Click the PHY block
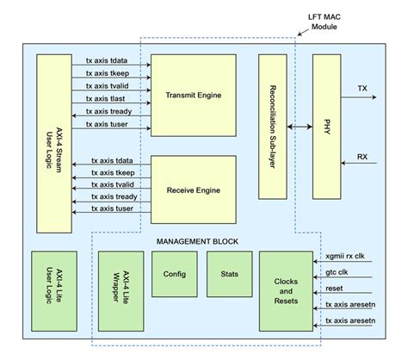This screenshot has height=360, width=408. click(326, 127)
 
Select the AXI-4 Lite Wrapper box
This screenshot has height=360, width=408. click(120, 291)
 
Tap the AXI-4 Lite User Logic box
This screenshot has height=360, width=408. click(53, 291)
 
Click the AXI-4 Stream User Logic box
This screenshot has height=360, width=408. click(53, 142)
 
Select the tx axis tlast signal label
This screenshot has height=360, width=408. click(107, 98)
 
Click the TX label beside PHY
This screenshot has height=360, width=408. click(362, 89)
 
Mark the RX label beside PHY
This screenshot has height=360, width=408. click(362, 157)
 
